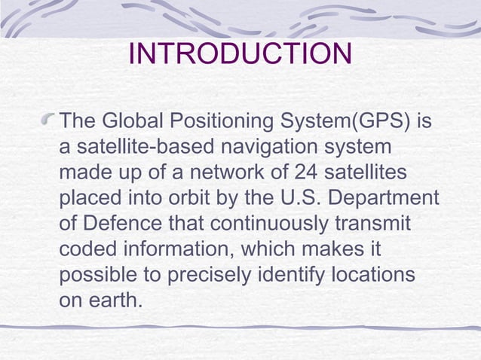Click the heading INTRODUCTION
pyautogui.click(x=240, y=54)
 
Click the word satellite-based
pyautogui.click(x=133, y=147)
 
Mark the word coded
pyautogui.click(x=86, y=250)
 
